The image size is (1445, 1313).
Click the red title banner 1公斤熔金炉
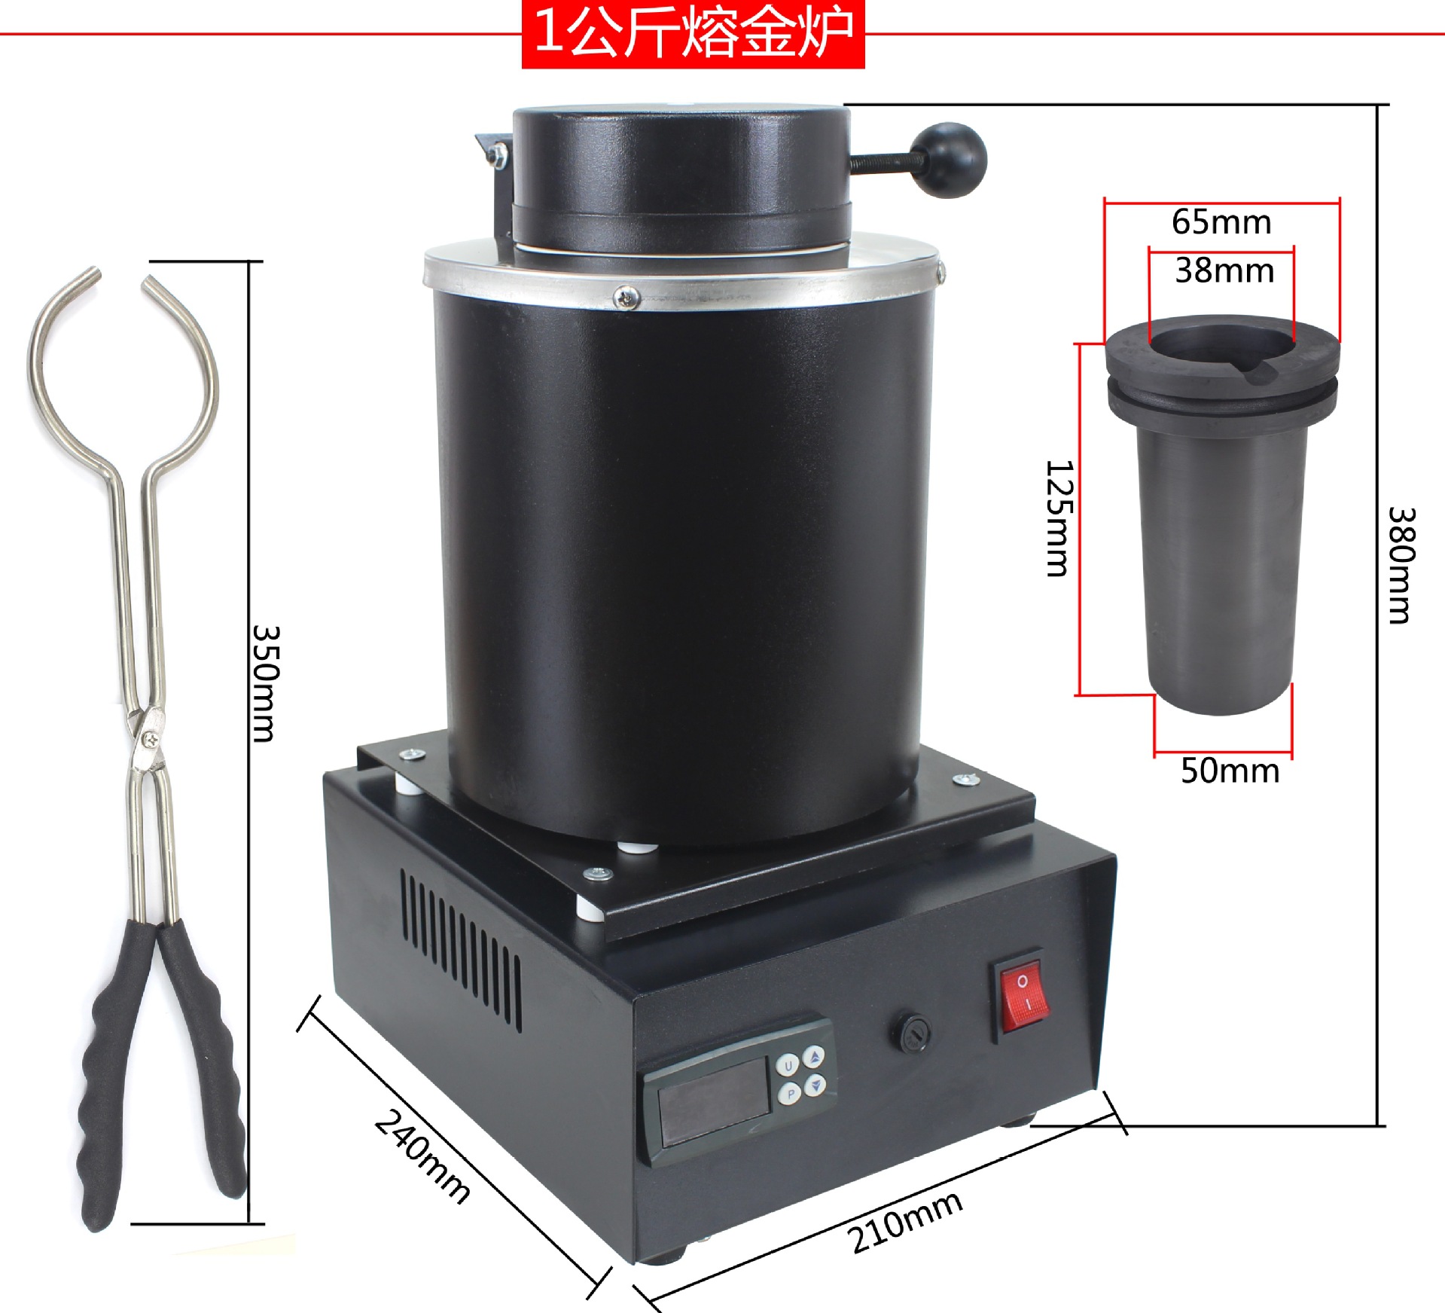tap(693, 34)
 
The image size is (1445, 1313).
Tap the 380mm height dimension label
tap(1402, 565)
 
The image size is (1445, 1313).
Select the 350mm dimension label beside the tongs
tap(265, 682)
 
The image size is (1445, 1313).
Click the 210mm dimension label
tap(904, 1222)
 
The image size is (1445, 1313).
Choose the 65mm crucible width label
tap(1221, 222)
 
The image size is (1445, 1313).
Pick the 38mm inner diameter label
tap(1224, 270)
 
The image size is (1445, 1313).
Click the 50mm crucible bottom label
tap(1230, 771)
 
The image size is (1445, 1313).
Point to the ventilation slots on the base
tap(460, 949)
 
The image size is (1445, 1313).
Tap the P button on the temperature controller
tap(790, 1093)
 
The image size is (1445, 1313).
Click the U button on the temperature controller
tap(788, 1065)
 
